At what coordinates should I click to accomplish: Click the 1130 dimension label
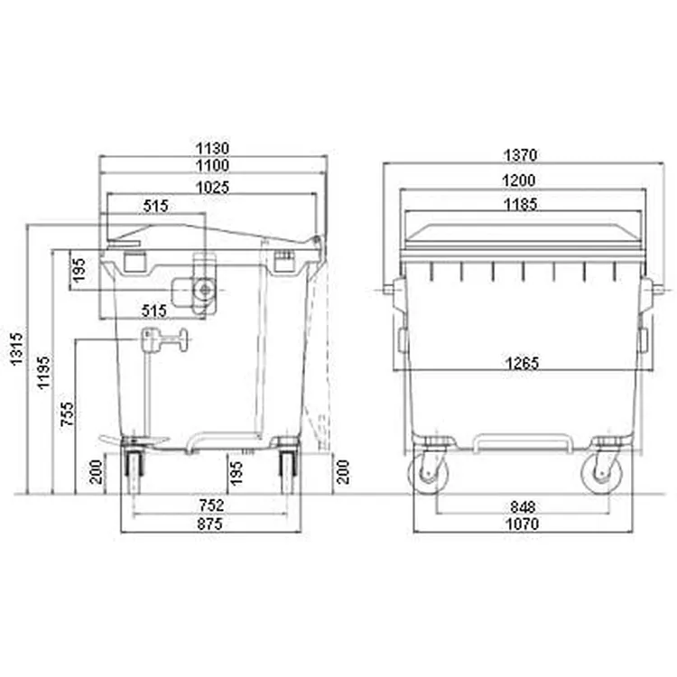tap(212, 148)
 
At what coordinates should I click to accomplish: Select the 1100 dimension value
tap(212, 165)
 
